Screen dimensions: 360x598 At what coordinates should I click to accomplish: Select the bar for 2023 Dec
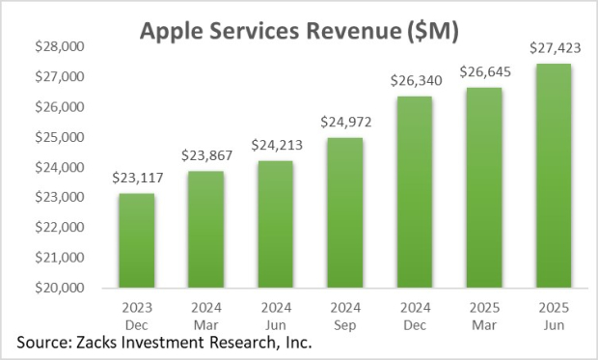pyautogui.click(x=136, y=241)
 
